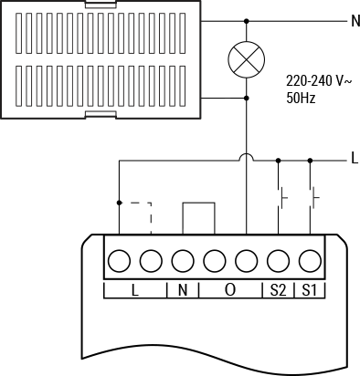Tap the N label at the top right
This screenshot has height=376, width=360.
pos(354,21)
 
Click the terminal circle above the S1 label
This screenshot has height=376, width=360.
pos(311,262)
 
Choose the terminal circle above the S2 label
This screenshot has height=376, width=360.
pos(279,262)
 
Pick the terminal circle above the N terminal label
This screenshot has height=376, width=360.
pos(183,262)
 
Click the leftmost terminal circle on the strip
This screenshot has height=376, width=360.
pos(119,262)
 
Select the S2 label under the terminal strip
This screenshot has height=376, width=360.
pos(278,291)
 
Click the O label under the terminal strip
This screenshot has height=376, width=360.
pos(230,291)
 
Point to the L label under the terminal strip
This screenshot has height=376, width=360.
pos(134,291)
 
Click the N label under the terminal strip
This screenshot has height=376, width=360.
pos(183,291)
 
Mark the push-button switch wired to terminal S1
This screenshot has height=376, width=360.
pos(314,195)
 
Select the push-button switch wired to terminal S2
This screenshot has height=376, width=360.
pos(282,195)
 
